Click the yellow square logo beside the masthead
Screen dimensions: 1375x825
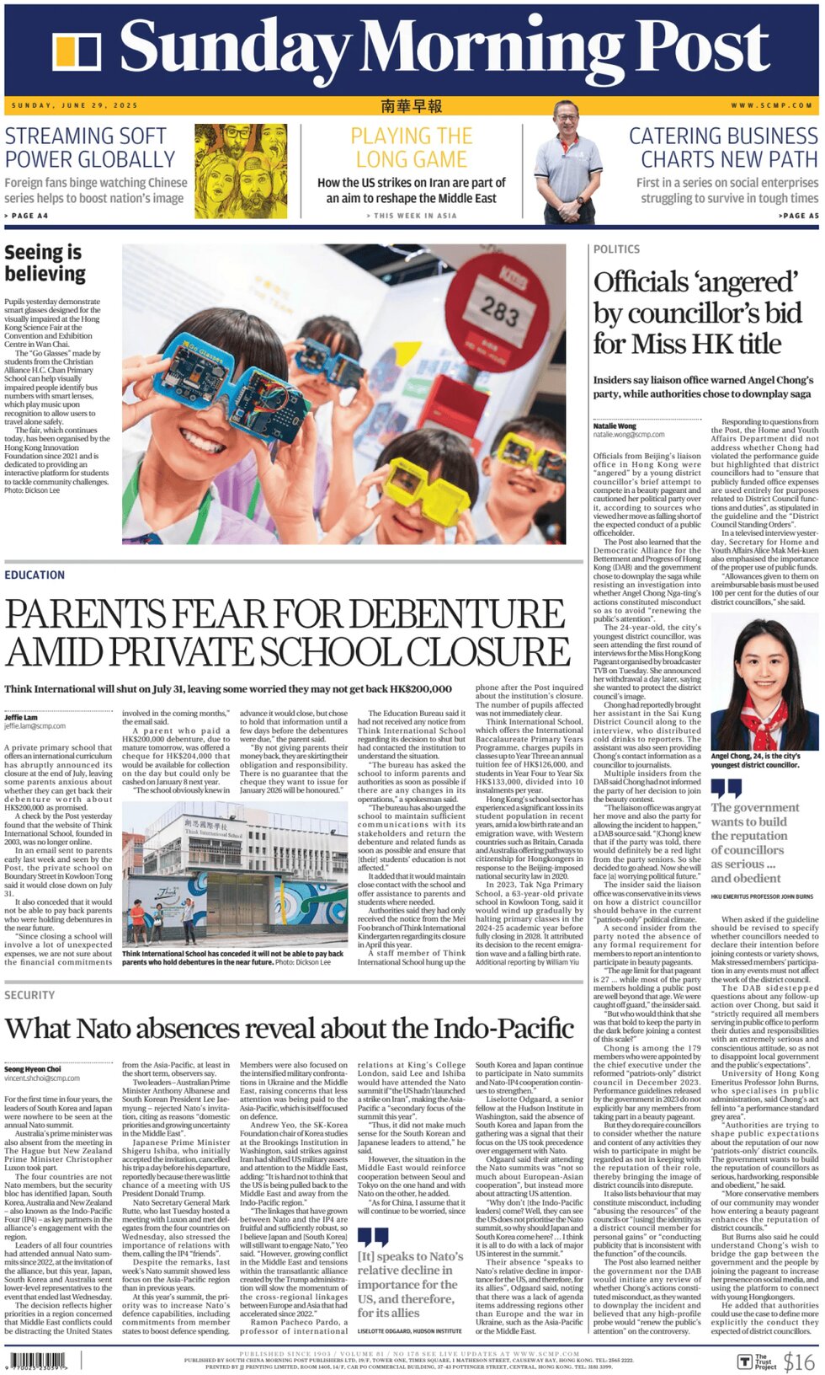click(77, 51)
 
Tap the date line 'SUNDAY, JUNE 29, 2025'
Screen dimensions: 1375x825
click(75, 105)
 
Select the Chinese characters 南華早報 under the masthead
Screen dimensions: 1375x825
click(411, 105)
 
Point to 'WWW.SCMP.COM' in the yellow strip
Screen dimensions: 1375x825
click(771, 105)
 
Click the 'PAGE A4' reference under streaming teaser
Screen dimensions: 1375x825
click(27, 216)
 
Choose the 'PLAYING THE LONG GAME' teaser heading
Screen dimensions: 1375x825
click(411, 147)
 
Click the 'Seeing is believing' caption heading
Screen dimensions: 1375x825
click(45, 263)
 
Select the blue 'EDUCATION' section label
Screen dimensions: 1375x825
click(35, 575)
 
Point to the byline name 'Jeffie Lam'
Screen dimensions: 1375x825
click(21, 717)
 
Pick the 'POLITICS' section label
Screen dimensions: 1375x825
click(616, 249)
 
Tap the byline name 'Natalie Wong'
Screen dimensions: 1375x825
click(615, 426)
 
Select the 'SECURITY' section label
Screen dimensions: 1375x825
click(29, 995)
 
